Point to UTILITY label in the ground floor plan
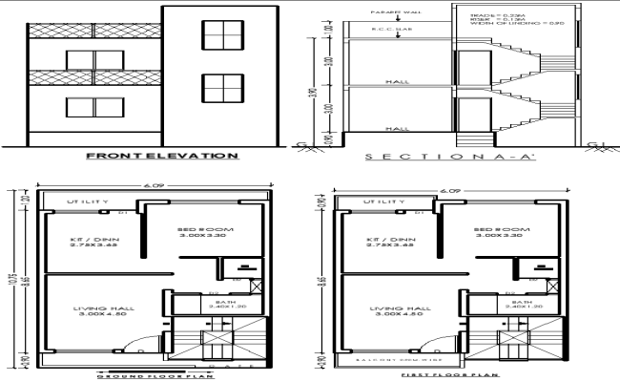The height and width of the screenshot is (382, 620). coord(87,202)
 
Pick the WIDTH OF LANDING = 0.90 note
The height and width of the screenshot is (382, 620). coord(524,30)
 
